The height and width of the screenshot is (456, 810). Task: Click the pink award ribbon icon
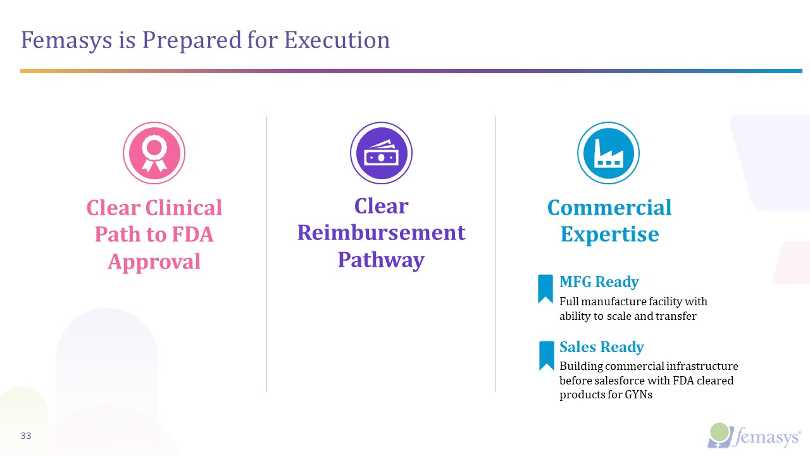(154, 153)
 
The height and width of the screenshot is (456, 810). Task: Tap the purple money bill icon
(381, 153)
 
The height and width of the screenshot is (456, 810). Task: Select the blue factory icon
(608, 153)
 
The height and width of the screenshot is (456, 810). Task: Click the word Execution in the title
(337, 41)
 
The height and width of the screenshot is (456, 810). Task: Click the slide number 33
(26, 436)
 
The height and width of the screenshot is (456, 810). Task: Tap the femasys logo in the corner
(755, 436)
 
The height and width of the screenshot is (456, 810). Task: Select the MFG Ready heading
(599, 282)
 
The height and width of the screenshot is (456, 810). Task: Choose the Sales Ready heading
(601, 347)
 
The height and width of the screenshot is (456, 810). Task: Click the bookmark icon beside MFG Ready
(545, 289)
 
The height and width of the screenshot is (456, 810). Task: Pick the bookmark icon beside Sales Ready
(546, 355)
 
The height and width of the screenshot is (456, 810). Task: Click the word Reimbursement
(381, 232)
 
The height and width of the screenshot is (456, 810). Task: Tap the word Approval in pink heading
(154, 262)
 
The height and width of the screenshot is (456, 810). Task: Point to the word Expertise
(609, 234)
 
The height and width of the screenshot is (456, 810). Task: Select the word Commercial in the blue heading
(609, 208)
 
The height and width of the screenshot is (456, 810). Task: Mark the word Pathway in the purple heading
(381, 260)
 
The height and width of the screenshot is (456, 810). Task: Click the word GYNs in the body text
(638, 395)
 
